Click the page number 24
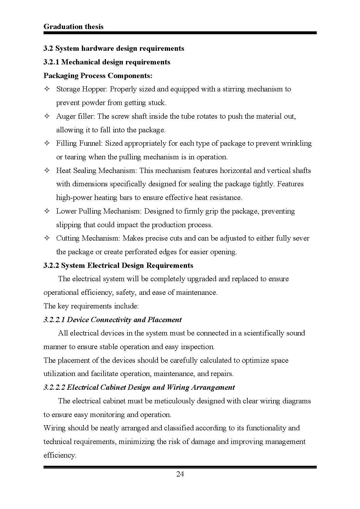pyautogui.click(x=180, y=474)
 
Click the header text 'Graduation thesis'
pyautogui.click(x=73, y=27)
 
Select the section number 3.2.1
pyautogui.click(x=51, y=62)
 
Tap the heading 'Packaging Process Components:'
pyautogui.click(x=98, y=76)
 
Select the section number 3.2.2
pyautogui.click(x=51, y=266)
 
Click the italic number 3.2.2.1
pyautogui.click(x=54, y=320)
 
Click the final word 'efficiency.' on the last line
pyautogui.click(x=60, y=455)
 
